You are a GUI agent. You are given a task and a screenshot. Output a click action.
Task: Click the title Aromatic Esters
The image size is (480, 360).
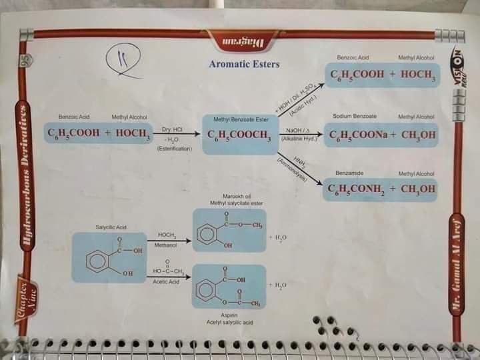point(244,65)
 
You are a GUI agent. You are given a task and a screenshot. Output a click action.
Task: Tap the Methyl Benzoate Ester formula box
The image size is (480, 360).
point(239,134)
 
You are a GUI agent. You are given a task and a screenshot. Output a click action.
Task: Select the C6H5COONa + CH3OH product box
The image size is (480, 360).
point(382,135)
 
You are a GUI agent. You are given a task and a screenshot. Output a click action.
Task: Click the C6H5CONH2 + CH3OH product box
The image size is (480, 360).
point(382,189)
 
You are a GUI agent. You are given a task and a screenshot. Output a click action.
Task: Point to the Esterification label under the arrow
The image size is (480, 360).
point(175,149)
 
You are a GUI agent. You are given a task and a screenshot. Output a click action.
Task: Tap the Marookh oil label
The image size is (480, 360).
point(238,197)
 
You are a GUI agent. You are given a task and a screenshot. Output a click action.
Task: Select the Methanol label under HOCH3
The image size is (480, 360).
point(166,246)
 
